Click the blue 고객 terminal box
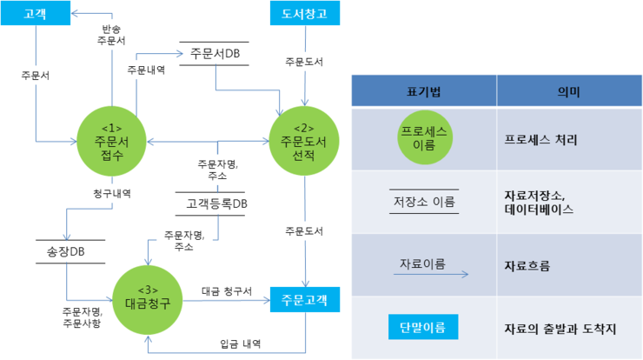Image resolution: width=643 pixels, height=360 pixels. pos(36,14)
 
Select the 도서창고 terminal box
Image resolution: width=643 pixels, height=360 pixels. pos(304,14)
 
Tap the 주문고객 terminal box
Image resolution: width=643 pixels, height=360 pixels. pos(304,298)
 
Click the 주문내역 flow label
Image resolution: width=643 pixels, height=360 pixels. pos(146,70)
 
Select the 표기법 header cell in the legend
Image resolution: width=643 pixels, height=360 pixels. pos(423,90)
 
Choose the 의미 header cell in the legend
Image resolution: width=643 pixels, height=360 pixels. pos(568,90)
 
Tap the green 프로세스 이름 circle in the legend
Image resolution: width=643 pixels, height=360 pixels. pos(424,138)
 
